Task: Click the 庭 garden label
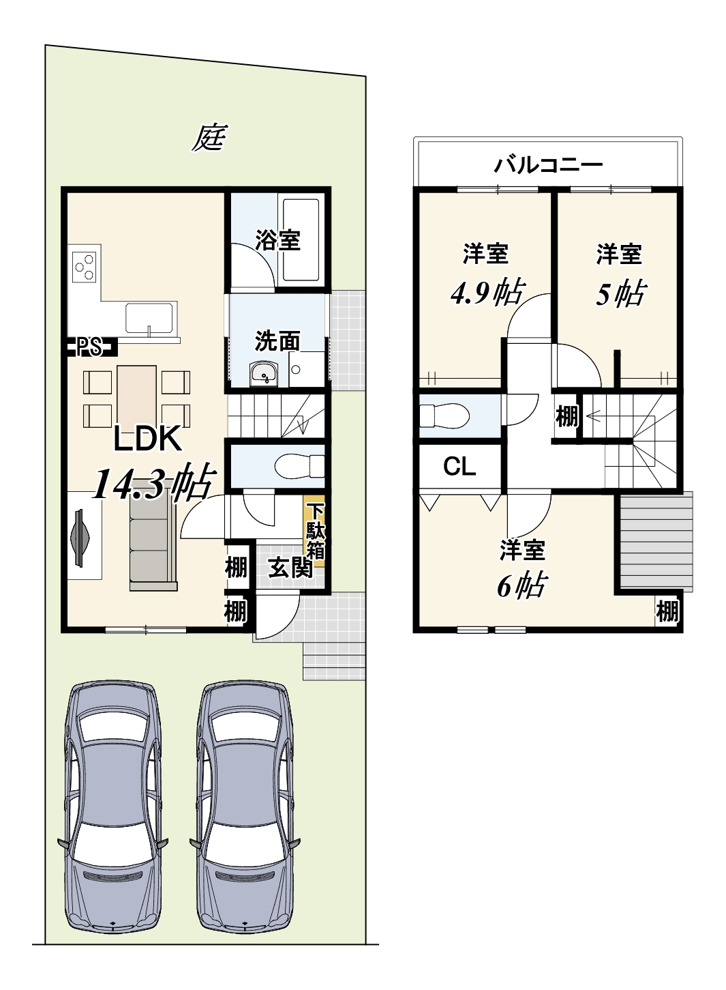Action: [x=210, y=137]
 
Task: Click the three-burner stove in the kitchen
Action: [x=85, y=267]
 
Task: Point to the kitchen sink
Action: [x=149, y=318]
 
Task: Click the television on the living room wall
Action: [x=80, y=538]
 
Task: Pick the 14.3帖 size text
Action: [x=153, y=483]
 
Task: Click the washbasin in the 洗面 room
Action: [x=263, y=375]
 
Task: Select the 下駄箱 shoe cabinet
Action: [x=316, y=531]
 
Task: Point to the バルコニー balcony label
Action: [x=548, y=165]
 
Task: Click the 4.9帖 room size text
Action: [x=487, y=293]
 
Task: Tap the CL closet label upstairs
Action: [x=459, y=466]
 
